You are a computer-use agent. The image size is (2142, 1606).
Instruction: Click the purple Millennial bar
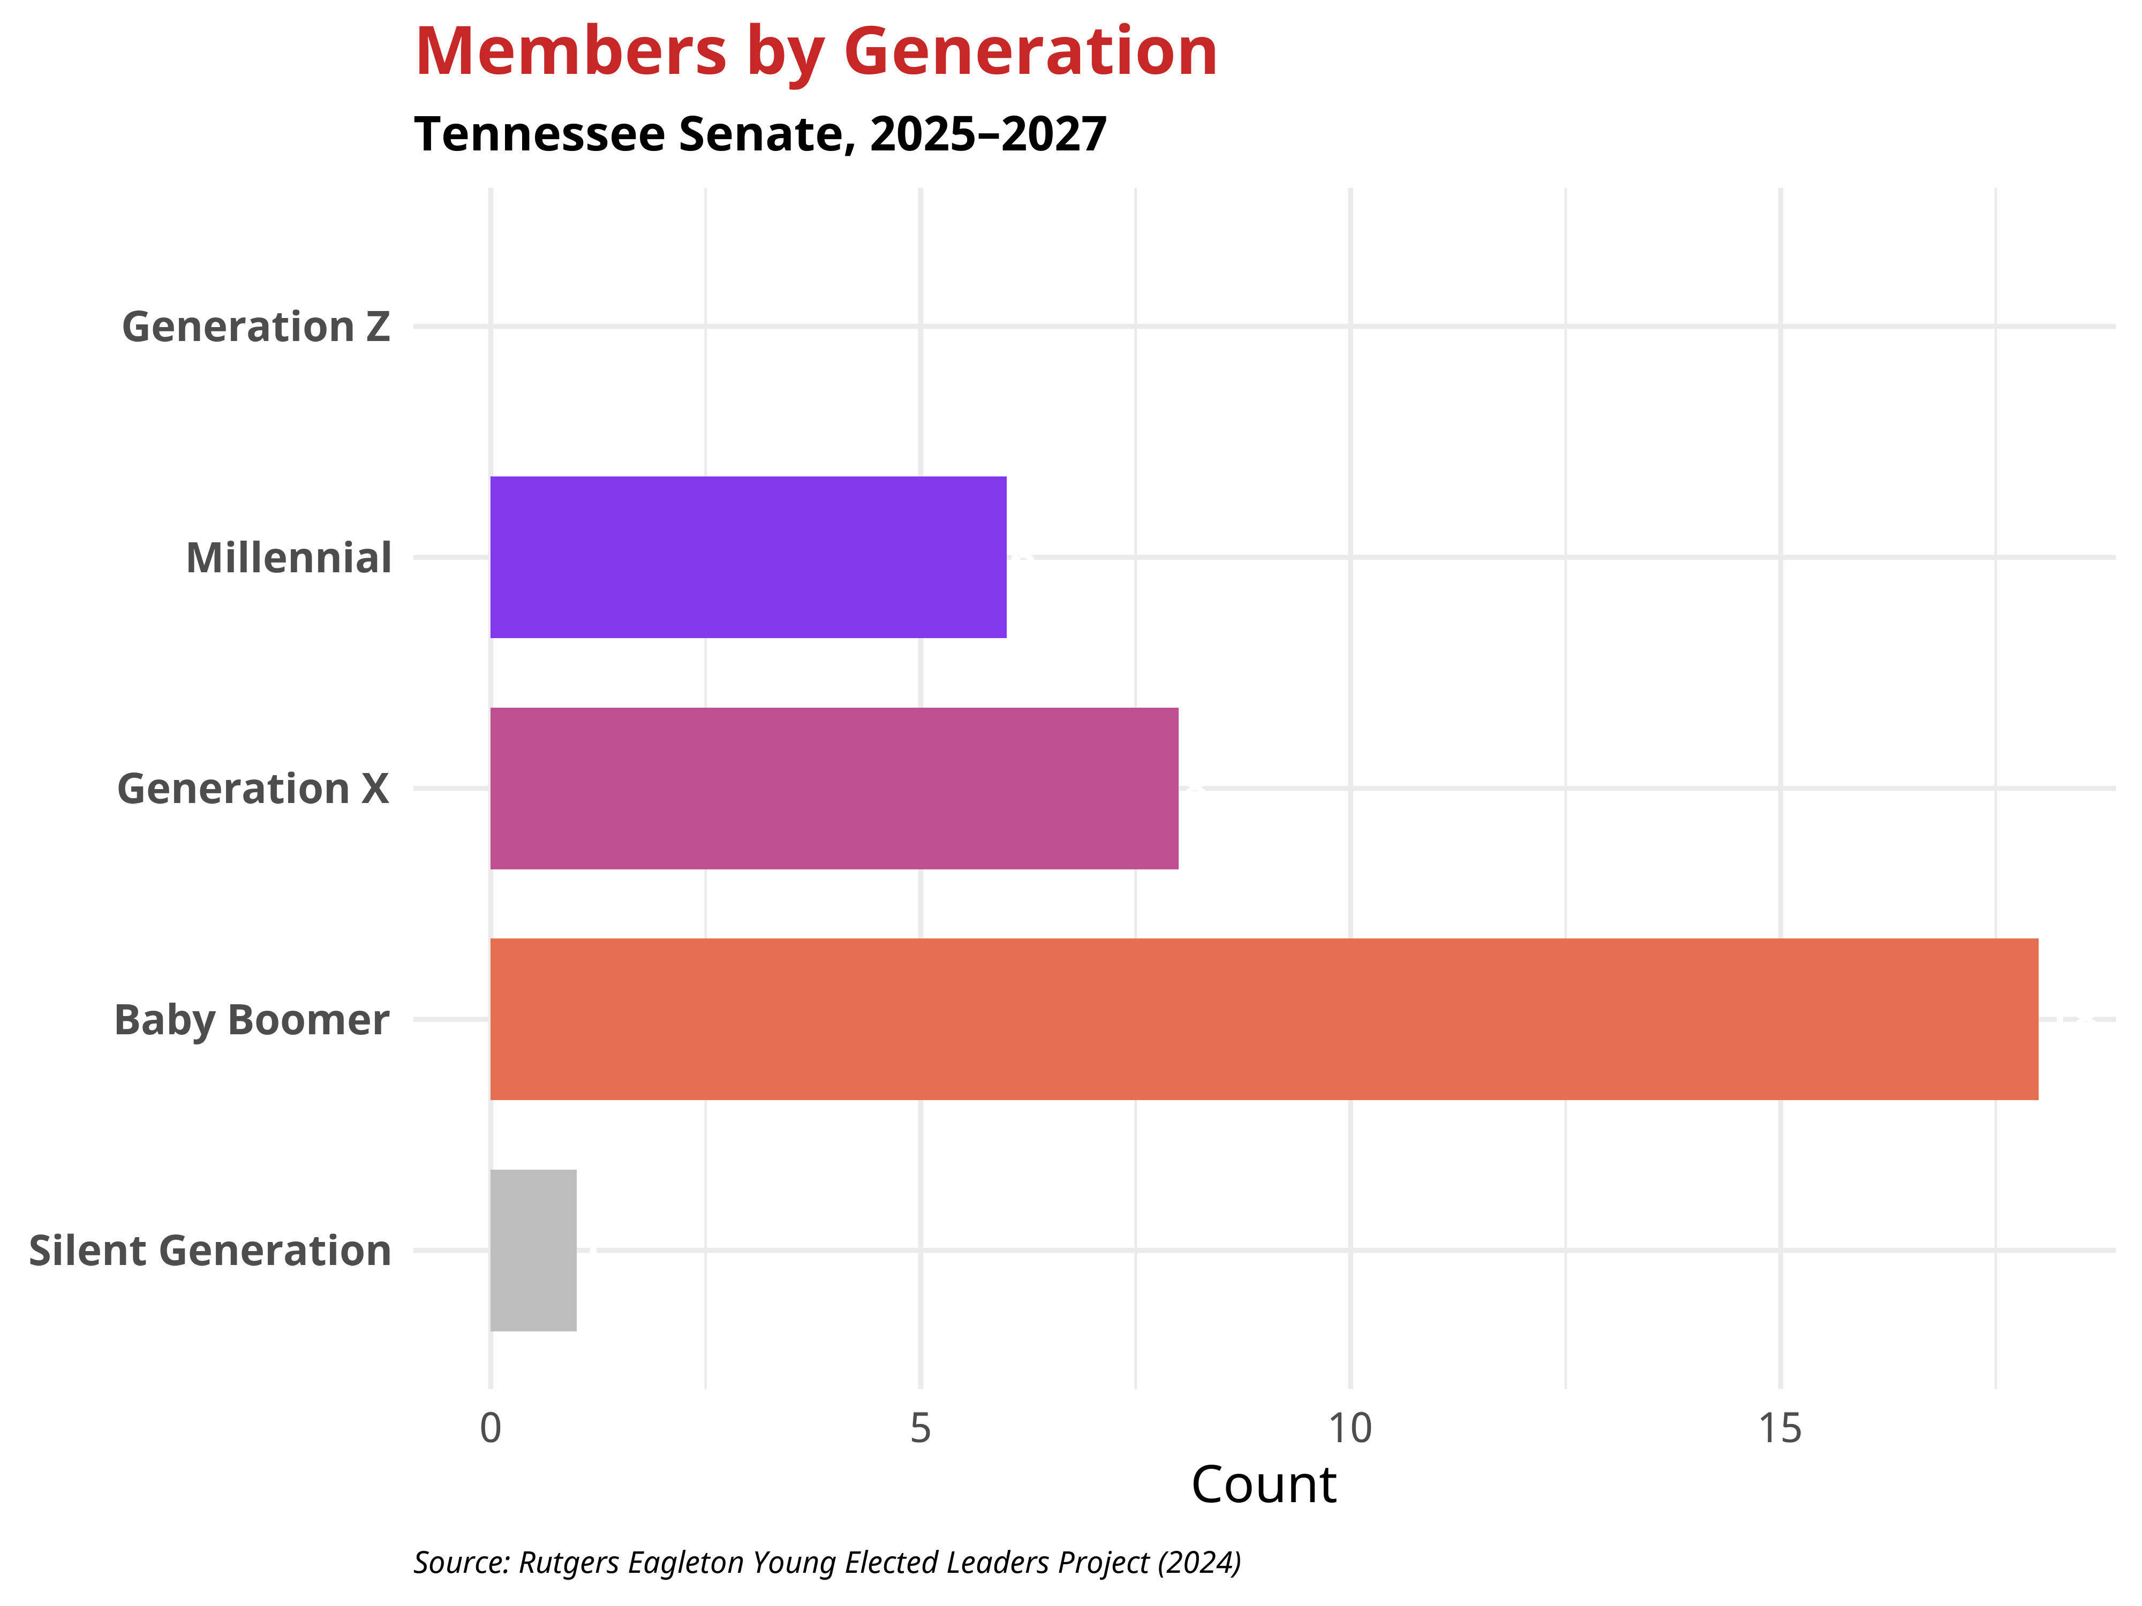pos(748,558)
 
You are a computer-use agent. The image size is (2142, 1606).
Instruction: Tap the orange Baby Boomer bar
pos(1264,1019)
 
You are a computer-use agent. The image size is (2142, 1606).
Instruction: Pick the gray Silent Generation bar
pos(533,1250)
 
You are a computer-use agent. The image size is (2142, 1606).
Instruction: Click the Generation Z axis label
pos(255,327)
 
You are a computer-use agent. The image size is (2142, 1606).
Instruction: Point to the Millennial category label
pos(289,558)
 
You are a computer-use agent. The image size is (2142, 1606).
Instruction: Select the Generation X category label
pos(253,789)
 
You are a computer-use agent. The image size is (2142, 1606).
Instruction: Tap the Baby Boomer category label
pos(252,1020)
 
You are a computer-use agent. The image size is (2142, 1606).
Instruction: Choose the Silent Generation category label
pos(210,1251)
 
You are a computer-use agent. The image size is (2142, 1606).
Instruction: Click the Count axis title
pos(1264,1485)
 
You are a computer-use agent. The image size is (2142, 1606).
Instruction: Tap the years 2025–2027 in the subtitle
pos(987,134)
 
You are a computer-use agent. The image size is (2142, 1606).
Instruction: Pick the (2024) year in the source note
pos(1199,1563)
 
